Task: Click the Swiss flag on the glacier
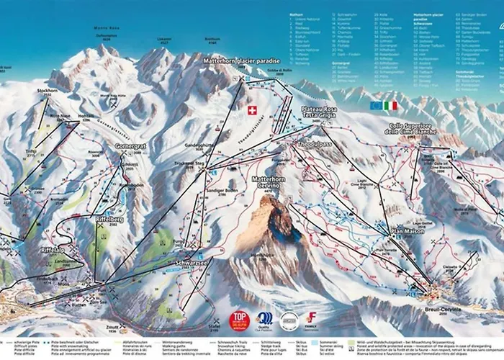click(251, 109)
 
